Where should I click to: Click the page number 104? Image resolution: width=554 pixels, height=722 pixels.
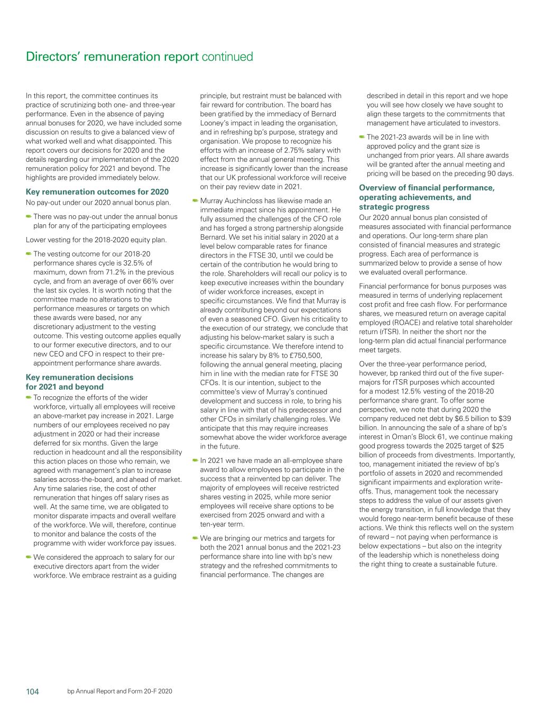pyautogui.click(x=33, y=691)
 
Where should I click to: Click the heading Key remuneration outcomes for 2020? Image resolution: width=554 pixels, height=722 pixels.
pyautogui.click(x=97, y=192)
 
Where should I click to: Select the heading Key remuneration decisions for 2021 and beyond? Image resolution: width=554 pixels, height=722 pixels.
pyautogui.click(x=79, y=382)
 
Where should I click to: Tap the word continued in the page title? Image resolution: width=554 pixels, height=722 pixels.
pyautogui.click(x=227, y=57)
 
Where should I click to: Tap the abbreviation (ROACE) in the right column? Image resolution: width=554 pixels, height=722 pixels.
pyautogui.click(x=378, y=323)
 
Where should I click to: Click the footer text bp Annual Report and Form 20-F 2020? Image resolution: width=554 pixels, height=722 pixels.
pyautogui.click(x=120, y=691)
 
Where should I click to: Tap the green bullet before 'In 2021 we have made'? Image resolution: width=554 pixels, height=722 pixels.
pyautogui.click(x=195, y=460)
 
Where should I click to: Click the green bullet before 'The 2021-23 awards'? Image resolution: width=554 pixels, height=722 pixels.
pyautogui.click(x=362, y=137)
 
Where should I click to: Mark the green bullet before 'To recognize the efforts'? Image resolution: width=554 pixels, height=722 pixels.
pyautogui.click(x=29, y=398)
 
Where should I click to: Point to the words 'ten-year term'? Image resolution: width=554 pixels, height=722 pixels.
pyautogui.click(x=222, y=524)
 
